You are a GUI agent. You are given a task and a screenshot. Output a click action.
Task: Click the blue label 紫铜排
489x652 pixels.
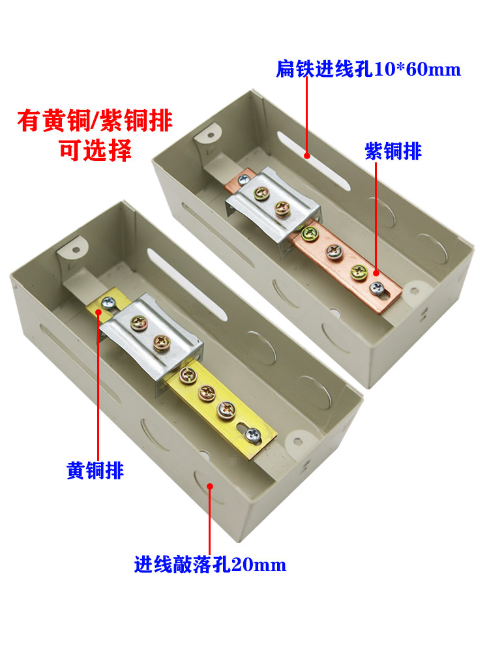[x=393, y=151]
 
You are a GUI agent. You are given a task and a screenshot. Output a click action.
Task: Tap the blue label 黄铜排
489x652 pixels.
[x=95, y=471]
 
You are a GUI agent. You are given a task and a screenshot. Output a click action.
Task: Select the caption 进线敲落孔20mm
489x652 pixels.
[x=210, y=565]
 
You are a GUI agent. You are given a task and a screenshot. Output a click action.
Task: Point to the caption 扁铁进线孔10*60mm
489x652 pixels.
[x=368, y=69]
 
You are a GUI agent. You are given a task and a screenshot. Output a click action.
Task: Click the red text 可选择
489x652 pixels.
[x=96, y=151]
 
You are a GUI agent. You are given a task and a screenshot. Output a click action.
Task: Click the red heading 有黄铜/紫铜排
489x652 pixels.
[x=95, y=121]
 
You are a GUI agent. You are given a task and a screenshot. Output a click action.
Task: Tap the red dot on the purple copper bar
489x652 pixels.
[x=376, y=273]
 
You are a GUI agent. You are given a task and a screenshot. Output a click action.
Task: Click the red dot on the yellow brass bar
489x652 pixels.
[x=98, y=311]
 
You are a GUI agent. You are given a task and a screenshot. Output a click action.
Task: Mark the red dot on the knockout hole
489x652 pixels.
[x=210, y=486]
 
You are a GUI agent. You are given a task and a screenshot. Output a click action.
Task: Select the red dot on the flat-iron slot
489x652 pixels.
[x=307, y=156]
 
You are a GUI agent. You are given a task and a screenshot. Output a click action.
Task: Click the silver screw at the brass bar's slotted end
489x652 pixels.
[x=252, y=435]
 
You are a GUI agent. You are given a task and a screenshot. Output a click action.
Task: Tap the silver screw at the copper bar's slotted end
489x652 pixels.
[x=377, y=288]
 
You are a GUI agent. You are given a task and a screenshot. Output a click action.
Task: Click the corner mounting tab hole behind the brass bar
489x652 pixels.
[x=76, y=250]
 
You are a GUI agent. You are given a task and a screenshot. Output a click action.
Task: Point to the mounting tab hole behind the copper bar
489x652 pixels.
[x=211, y=136]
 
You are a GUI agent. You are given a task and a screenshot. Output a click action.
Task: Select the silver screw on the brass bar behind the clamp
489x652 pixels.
[x=108, y=303]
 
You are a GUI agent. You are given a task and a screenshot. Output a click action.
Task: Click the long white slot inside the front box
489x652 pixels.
[x=187, y=284]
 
